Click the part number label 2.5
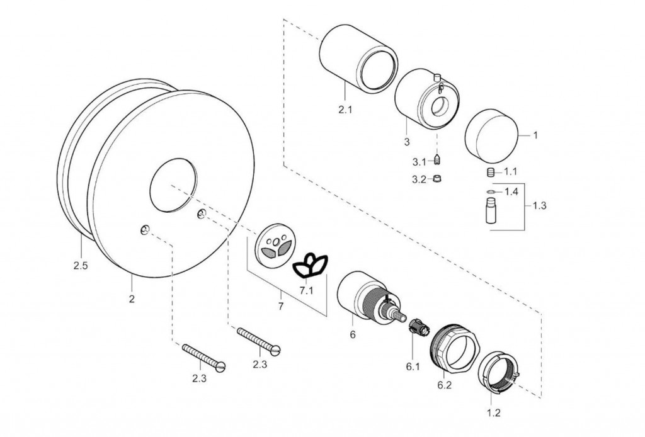tap(80, 265)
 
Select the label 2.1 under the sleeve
tap(345, 110)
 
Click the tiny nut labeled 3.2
tap(436, 179)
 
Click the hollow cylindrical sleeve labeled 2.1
tap(357, 59)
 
